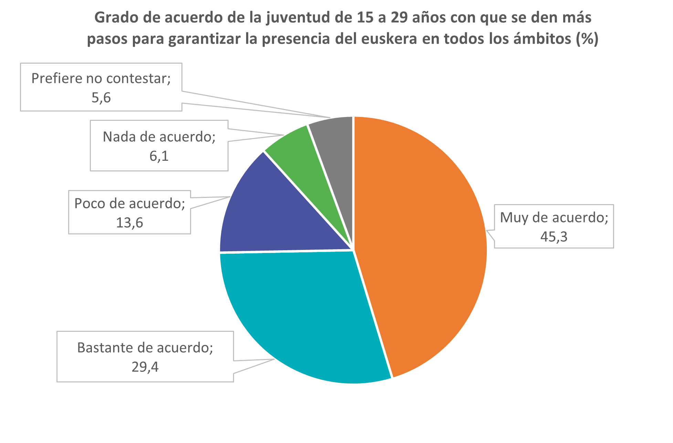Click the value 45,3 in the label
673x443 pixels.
click(x=554, y=237)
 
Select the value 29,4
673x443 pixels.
click(x=145, y=367)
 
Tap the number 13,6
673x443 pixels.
click(x=129, y=223)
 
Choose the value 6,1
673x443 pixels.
click(x=159, y=156)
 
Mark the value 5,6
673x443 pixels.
click(x=101, y=98)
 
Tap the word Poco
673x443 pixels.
click(x=90, y=204)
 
